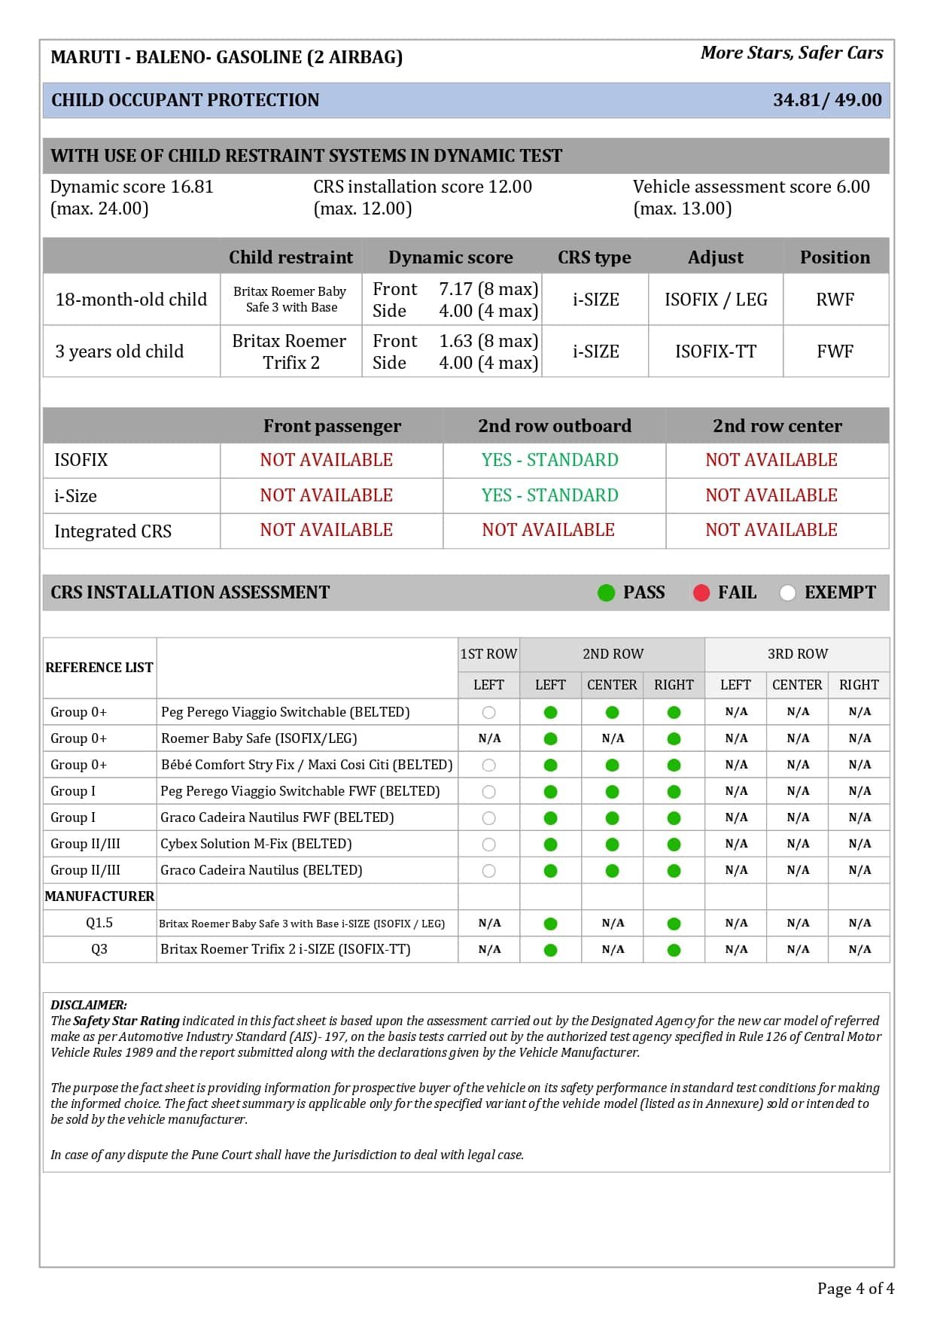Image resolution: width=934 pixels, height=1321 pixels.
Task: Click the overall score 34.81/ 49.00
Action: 826,100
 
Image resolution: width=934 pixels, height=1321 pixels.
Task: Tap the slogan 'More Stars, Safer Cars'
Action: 792,53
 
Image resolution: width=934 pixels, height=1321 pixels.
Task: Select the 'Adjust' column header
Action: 715,257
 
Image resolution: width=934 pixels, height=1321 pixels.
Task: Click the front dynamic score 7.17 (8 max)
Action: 488,289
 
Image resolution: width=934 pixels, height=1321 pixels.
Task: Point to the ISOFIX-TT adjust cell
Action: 715,352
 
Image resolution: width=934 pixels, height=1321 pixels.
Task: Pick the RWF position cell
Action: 835,300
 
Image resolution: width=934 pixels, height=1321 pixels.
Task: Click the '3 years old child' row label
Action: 119,352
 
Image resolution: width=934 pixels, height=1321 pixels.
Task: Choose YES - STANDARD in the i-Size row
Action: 549,495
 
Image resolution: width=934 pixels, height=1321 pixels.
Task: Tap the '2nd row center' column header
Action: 777,426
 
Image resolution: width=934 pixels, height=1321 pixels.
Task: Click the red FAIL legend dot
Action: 701,593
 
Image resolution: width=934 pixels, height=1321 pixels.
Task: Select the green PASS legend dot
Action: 606,593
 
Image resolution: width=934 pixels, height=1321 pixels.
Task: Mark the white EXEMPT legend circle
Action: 787,593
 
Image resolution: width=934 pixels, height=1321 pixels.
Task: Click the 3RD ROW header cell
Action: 797,654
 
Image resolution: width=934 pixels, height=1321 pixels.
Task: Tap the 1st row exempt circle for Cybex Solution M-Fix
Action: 488,845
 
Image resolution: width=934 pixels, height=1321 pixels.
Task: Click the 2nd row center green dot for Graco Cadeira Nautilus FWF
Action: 612,818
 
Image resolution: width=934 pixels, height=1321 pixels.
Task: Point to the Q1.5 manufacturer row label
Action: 99,923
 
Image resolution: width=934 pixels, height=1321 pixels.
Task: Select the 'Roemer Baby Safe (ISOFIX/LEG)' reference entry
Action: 259,738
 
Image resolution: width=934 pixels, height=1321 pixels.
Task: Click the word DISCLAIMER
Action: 89,1005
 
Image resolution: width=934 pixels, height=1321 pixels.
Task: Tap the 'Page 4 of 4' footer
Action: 855,1289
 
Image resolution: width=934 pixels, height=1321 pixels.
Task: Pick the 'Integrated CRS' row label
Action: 113,531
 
